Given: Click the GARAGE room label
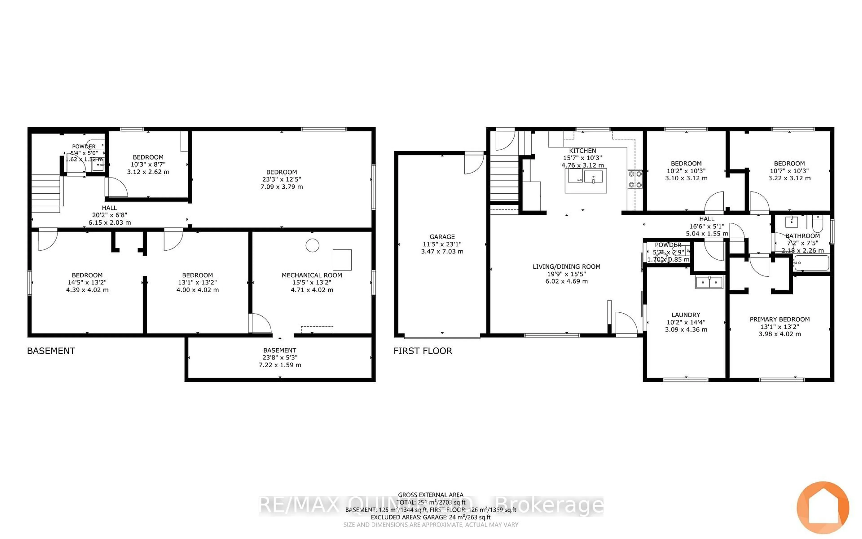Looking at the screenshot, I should click(442, 237).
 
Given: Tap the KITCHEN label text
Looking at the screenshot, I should click(582, 150).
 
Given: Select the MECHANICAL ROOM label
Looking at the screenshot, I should click(312, 275).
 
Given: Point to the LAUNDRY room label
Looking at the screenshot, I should click(686, 315).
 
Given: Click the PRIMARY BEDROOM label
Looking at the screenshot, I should click(779, 319).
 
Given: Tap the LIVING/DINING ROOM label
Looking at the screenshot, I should click(566, 267).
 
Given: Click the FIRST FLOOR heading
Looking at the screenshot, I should click(423, 351).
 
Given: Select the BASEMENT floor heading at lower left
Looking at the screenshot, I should click(51, 351).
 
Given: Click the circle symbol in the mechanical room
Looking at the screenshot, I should click(312, 245).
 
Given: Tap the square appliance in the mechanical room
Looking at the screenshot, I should click(342, 260).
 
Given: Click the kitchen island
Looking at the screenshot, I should click(586, 181).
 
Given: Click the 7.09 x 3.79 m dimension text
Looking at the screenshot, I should click(281, 187).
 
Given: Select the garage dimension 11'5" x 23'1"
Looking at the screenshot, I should click(442, 244).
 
